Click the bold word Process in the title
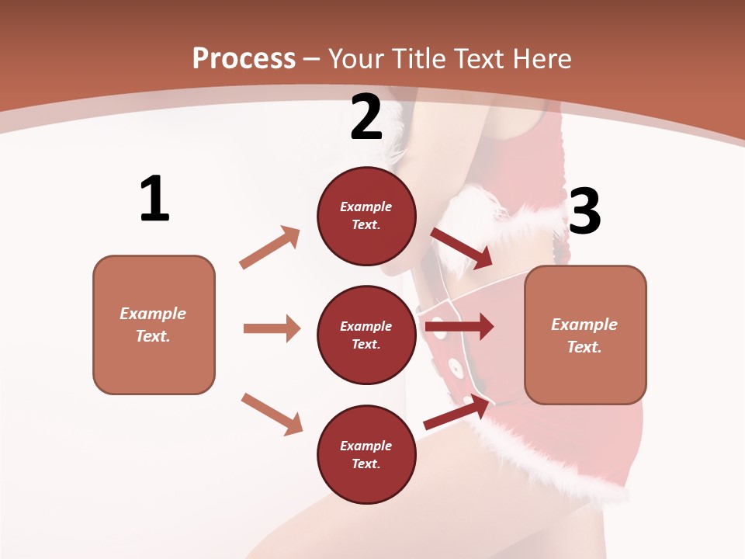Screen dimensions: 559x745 (244, 58)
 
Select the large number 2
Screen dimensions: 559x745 (366, 117)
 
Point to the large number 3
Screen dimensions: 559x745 (585, 211)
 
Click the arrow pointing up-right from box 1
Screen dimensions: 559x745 (269, 248)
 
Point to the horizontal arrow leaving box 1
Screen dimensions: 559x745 (272, 328)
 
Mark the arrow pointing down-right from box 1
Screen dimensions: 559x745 (272, 414)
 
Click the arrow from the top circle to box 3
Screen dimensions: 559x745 (461, 248)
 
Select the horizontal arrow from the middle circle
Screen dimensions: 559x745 (459, 327)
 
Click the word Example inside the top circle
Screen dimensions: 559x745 (366, 207)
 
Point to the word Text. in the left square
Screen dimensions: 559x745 (153, 336)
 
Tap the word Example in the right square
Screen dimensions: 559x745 (584, 325)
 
